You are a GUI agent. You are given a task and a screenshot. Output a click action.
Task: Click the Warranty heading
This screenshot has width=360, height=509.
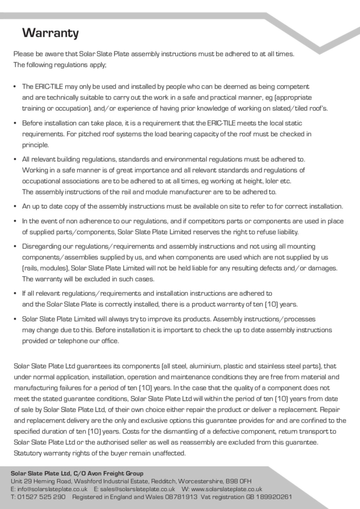pyautogui.click(x=50, y=33)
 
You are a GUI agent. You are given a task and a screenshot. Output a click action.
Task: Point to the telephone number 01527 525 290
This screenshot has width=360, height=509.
pyautogui.click(x=41, y=497)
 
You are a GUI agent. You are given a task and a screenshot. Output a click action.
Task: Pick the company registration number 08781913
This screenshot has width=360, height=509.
pyautogui.click(x=181, y=497)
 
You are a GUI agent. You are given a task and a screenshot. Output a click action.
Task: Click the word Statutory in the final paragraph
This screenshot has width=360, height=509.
pyautogui.click(x=28, y=453)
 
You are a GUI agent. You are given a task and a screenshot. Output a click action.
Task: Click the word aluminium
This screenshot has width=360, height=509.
pyautogui.click(x=205, y=366)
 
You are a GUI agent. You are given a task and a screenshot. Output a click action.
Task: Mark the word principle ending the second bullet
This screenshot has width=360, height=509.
pyautogui.click(x=35, y=145)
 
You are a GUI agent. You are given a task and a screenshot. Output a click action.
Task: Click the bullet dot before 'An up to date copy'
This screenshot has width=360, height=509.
pyautogui.click(x=15, y=207)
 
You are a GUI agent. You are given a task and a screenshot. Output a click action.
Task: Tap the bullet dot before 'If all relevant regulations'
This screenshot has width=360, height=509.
pyautogui.click(x=15, y=294)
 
